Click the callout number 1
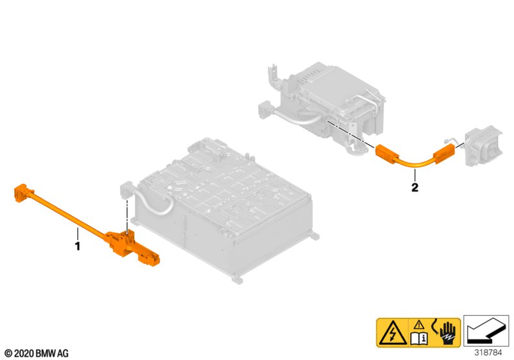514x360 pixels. click(77, 246)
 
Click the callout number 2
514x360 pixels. click(414, 188)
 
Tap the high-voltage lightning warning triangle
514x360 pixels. click(393, 332)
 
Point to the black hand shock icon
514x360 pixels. click(448, 334)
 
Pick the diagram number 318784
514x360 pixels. click(488, 353)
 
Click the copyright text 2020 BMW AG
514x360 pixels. click(37, 354)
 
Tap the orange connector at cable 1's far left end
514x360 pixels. click(23, 194)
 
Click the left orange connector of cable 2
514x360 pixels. click(387, 154)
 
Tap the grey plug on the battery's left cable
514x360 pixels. click(125, 192)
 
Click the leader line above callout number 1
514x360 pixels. click(78, 234)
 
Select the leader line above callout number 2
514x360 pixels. click(414, 175)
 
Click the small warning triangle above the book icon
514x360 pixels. click(419, 325)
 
